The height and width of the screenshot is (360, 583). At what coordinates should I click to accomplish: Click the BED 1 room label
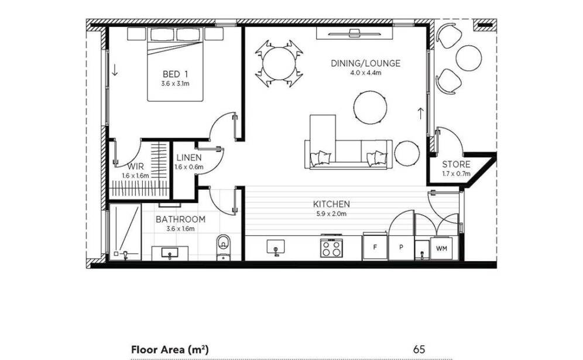point(175,74)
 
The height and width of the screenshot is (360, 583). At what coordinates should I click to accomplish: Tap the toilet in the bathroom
point(223,247)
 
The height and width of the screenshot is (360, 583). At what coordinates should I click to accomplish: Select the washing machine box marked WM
point(442,248)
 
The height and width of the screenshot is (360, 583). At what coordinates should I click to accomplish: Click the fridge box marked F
point(375,246)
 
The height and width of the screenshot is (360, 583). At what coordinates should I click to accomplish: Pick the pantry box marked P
point(401,247)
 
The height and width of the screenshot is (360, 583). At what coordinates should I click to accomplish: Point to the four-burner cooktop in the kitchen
point(332,247)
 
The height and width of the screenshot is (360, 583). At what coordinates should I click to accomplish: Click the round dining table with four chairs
point(279,63)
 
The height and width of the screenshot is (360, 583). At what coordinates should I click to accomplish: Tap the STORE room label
point(456,164)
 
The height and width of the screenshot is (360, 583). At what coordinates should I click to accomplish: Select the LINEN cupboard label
point(189,157)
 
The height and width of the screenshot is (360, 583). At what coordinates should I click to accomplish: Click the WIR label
point(135,166)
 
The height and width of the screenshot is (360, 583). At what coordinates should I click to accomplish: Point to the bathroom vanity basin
point(170,253)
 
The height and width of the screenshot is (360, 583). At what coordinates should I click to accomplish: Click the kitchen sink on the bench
point(276,247)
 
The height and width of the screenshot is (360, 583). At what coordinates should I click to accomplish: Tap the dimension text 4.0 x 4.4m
point(365,73)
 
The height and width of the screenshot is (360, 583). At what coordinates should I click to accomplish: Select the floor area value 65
point(419,349)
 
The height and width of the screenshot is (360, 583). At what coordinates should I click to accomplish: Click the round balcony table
point(469,58)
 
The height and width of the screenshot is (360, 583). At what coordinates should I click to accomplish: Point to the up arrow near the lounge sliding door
point(420,114)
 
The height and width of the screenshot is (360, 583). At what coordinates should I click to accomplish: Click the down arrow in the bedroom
point(115,70)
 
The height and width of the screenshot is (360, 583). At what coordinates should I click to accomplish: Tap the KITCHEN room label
point(331,204)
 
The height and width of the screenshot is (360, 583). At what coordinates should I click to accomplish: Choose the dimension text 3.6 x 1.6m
point(181,229)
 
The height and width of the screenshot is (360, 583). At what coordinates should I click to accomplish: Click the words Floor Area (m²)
point(170,349)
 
